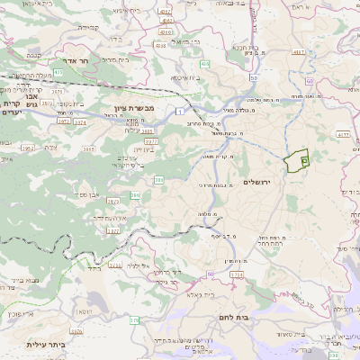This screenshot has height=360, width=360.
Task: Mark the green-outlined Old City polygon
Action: click(296, 161)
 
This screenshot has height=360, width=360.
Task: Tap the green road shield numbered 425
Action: click(58, 71)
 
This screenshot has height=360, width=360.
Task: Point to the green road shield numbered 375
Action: click(134, 320)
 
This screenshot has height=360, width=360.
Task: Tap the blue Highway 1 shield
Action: click(181, 110)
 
